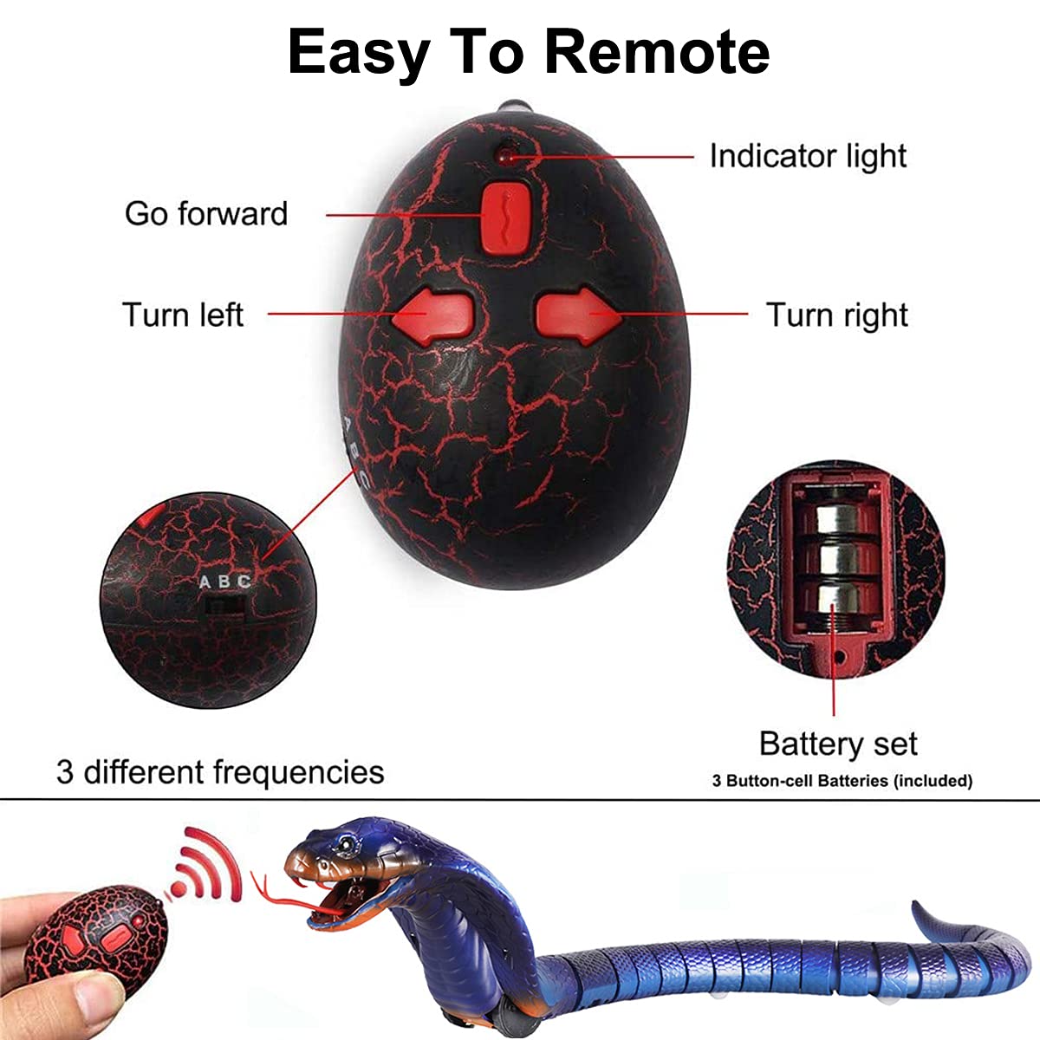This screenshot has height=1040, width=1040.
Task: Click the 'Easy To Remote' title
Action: point(528,51)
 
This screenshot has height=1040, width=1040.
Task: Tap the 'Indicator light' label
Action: point(808,156)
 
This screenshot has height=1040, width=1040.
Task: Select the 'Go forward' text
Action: point(206,213)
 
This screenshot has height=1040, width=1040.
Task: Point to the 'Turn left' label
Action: point(183,315)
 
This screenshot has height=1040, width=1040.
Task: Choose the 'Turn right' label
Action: point(837,315)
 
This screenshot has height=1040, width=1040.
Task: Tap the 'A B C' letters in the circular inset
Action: point(225,582)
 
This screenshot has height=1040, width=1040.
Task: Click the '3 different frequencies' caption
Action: point(220,771)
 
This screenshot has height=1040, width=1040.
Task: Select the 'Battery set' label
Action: point(837,744)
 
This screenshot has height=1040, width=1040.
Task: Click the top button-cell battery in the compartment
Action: point(833,519)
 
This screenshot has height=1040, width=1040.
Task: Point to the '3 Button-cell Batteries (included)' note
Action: point(842,781)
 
